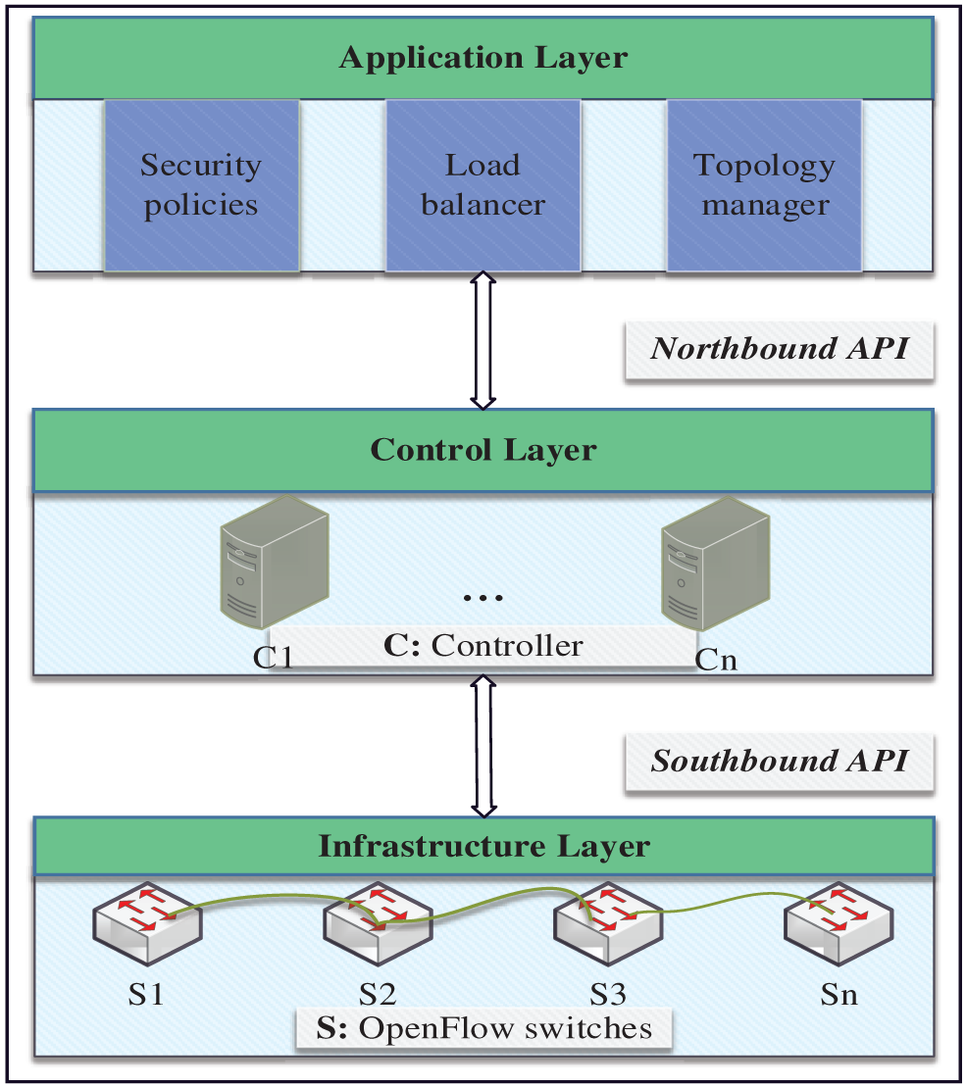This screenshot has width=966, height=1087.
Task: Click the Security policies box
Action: click(x=201, y=184)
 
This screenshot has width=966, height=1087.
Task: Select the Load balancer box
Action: click(x=483, y=184)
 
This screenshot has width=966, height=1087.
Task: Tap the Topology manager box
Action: click(x=765, y=184)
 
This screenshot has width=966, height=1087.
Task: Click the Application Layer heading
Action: click(x=483, y=57)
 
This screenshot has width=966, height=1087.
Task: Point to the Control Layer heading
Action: click(x=483, y=450)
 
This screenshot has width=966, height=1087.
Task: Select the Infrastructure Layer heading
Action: click(x=483, y=845)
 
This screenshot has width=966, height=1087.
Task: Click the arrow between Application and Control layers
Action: click(x=483, y=341)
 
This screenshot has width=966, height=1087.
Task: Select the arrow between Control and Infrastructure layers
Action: click(x=483, y=746)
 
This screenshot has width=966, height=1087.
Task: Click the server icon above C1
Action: click(x=274, y=563)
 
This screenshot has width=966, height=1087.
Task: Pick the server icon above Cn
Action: click(x=714, y=563)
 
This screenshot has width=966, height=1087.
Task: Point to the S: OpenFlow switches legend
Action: click(x=484, y=1028)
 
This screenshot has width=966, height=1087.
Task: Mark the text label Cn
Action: click(x=716, y=661)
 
